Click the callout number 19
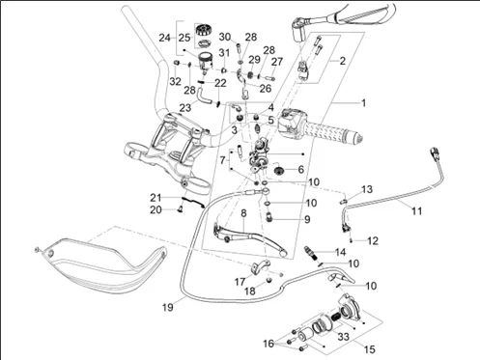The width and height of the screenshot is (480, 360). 168,307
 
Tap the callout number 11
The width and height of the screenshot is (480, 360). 416,211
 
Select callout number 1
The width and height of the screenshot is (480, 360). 364,103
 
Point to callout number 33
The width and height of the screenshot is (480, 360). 344,337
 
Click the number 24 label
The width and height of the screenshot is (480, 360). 164,38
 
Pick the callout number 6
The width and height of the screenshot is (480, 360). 301,169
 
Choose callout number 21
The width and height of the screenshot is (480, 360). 155,198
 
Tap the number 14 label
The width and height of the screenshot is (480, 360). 340,252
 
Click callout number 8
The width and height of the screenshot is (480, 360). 243,213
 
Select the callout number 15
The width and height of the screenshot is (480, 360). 370,349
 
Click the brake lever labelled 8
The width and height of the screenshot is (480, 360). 248,238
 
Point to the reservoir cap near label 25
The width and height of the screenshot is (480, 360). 203,30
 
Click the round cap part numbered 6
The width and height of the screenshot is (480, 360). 278,169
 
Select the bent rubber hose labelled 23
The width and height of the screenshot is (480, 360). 203,97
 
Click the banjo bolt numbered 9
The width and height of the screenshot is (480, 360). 268,217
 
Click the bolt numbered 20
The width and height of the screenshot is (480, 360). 180,209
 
